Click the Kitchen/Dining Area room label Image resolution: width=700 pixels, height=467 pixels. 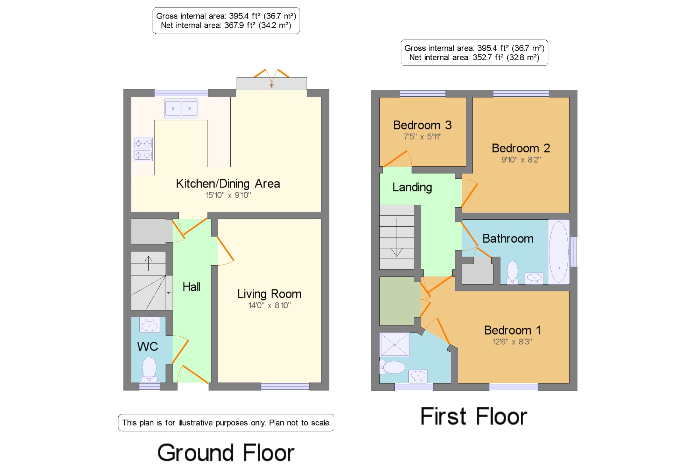228,184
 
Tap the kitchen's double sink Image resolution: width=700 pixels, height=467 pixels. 181,108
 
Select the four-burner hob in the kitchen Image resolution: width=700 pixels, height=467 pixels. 143,149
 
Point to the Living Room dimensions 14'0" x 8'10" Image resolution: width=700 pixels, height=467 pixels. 269,305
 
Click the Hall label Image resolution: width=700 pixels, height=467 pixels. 192,287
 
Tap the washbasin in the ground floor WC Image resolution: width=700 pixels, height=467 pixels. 150,325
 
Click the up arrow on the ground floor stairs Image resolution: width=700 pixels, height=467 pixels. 148,263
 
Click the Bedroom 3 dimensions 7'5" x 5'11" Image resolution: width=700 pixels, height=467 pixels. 423,137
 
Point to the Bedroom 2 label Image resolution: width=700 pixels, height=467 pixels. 521,148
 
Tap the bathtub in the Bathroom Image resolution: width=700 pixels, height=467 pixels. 559,252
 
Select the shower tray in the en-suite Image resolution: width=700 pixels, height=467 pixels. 394,345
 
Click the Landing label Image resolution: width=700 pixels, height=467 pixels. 412,187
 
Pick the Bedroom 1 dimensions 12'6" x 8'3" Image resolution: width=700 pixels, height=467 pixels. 512,342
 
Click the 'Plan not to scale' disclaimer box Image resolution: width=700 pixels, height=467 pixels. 226,423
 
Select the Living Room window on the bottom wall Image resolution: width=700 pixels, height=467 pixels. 285,387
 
